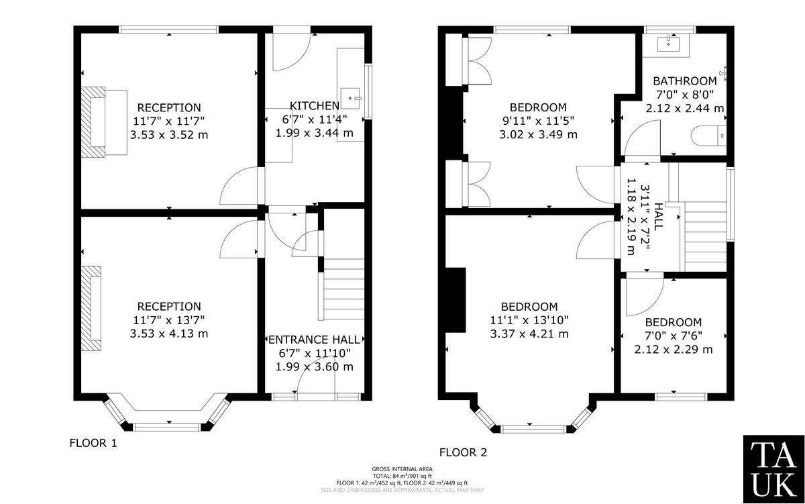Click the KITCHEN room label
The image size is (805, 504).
tap(314, 106)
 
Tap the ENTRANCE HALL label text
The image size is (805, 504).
tap(315, 340)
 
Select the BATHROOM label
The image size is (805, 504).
tap(684, 81)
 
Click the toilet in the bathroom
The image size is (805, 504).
tap(708, 136)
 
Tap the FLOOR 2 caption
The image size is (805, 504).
tap(463, 452)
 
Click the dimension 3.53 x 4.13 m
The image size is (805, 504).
tap(169, 334)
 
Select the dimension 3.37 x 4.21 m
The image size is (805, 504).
tap(529, 334)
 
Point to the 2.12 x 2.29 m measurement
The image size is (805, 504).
tap(674, 349)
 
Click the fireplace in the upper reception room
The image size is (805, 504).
tap(94, 121)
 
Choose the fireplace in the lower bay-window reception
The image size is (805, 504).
tap(92, 309)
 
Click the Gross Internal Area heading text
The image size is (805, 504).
tap(402, 469)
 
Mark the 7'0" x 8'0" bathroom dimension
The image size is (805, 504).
tap(684, 95)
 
